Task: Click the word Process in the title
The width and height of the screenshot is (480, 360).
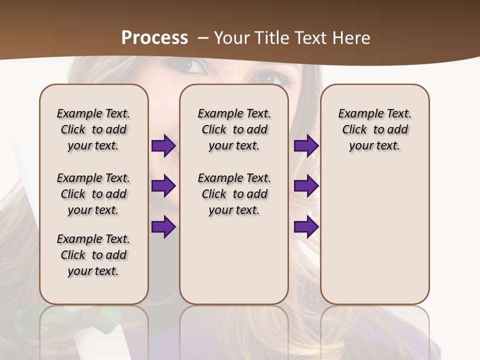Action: coord(154,38)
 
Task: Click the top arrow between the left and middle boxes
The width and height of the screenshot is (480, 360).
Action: coord(163,146)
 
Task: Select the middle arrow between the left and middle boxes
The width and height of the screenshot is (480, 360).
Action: coord(163,186)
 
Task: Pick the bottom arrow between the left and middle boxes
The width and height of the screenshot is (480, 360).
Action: coord(163,226)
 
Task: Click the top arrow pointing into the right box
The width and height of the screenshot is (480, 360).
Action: coord(306,146)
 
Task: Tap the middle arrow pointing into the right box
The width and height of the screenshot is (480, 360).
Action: coord(306,186)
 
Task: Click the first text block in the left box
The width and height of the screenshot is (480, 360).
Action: coord(93,129)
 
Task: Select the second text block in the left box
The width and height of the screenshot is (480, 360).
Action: coord(93,194)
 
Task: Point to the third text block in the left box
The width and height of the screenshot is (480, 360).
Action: coord(93,255)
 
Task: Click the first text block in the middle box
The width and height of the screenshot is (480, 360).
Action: coord(234,129)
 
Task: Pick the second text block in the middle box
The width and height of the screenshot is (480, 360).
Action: coord(234,194)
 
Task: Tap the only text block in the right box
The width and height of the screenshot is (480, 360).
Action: coord(374,129)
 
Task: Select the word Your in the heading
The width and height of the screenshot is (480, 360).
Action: coord(231,38)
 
